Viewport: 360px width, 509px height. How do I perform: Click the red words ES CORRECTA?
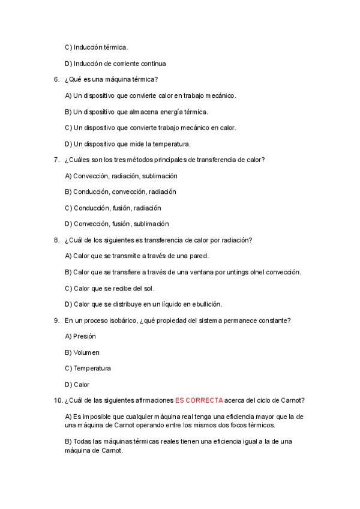pyautogui.click(x=199, y=400)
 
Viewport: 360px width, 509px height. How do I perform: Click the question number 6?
pyautogui.click(x=56, y=79)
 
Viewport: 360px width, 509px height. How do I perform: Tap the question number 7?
pyautogui.click(x=56, y=160)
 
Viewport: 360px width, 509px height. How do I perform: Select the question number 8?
pyautogui.click(x=56, y=240)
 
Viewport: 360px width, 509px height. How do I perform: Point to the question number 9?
pyautogui.click(x=56, y=321)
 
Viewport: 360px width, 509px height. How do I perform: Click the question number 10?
pyautogui.click(x=58, y=400)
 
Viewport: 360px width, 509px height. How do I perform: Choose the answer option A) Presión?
pyautogui.click(x=80, y=337)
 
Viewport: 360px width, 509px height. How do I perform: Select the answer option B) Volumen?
pyautogui.click(x=82, y=352)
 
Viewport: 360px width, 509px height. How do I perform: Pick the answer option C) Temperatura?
pyautogui.click(x=88, y=369)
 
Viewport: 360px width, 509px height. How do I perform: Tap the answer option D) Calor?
pyautogui.click(x=77, y=385)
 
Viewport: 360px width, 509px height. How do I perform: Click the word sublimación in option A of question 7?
pyautogui.click(x=160, y=176)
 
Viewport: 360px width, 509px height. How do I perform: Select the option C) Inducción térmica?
pyautogui.click(x=96, y=47)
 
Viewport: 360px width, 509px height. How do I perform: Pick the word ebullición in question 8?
pyautogui.click(x=205, y=304)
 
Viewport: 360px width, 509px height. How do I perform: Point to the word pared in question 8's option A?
pyautogui.click(x=199, y=256)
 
